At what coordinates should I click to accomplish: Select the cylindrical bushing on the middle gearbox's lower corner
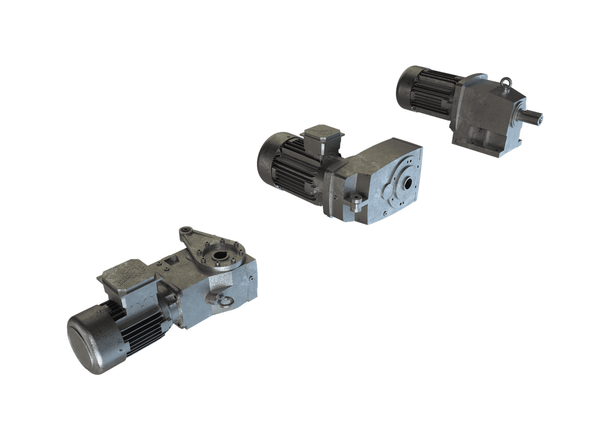[x=356, y=205]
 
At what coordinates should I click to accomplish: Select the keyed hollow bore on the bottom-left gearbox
[x=220, y=255]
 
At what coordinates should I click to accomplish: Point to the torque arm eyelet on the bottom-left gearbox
[x=185, y=231]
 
